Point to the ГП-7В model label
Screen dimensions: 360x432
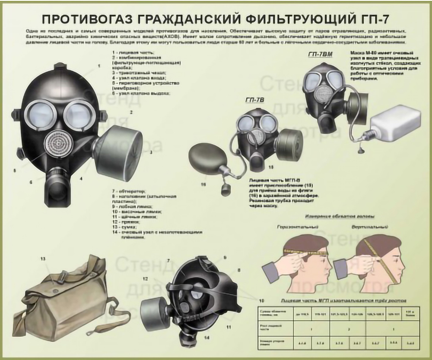pyautogui.click(x=254, y=100)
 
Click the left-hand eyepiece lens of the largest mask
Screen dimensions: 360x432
pyautogui.click(x=40, y=114)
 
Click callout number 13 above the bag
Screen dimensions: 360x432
pyautogui.click(x=43, y=259)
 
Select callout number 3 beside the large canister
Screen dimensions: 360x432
pyautogui.click(x=151, y=152)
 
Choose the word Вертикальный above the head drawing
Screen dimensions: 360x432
pyautogui.click(x=369, y=226)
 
